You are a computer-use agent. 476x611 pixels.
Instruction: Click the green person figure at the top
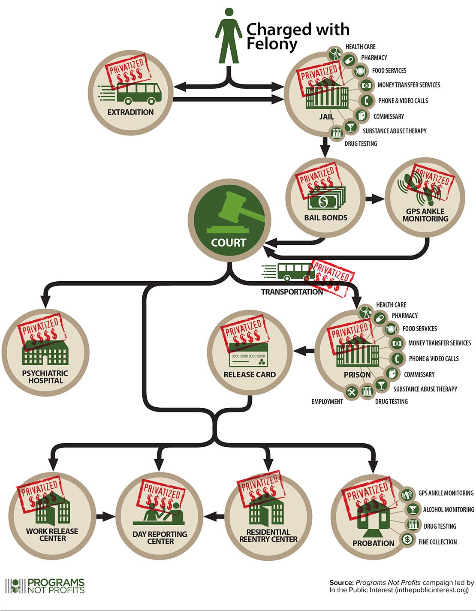(229, 36)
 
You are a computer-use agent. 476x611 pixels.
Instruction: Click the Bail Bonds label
(325, 218)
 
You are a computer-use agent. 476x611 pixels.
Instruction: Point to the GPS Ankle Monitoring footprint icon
(422, 189)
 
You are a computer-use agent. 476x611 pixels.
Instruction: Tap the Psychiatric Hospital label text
(45, 377)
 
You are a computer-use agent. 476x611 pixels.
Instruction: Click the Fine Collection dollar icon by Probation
(407, 539)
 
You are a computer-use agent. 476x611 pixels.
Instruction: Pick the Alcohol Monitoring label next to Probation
(448, 510)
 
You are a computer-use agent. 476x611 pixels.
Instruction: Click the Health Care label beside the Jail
(360, 47)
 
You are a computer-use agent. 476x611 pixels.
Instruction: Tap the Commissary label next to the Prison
(419, 374)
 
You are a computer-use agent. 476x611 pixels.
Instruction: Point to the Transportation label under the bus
(292, 292)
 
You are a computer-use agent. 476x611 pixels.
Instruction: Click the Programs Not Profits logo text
(56, 586)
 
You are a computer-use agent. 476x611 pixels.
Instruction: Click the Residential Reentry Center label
(268, 536)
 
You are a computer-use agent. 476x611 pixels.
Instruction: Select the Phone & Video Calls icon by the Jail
(365, 100)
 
